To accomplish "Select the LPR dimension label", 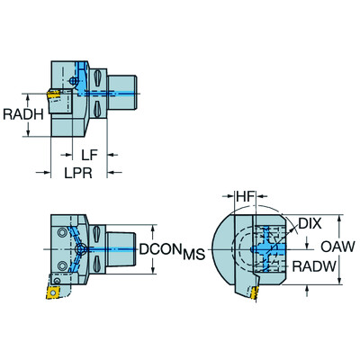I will [78, 172].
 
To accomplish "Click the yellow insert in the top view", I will [54, 92].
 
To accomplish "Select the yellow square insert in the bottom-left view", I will [54, 291].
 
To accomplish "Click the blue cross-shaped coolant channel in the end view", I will [268, 246].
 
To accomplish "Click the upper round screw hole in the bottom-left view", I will [62, 233].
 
